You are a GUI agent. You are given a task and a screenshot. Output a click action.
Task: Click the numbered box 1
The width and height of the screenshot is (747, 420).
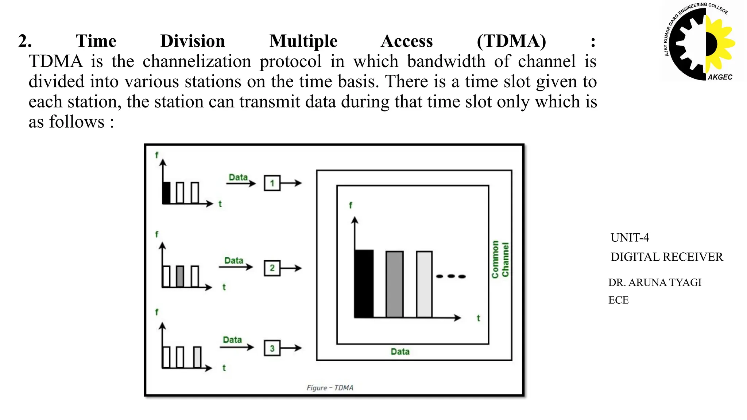(272, 183)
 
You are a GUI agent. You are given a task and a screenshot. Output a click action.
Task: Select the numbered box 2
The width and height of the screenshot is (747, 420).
(272, 268)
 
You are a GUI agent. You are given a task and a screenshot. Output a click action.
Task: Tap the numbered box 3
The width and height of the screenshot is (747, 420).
(272, 348)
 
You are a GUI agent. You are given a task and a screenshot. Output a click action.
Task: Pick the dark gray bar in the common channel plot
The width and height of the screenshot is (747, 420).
(394, 284)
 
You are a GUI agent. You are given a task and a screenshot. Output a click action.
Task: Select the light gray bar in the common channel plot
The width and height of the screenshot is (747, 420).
(424, 284)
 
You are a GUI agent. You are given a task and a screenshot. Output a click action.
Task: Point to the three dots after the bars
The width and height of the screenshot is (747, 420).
(451, 276)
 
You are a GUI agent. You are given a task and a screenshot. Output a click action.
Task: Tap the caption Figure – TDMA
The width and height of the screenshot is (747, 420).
(330, 388)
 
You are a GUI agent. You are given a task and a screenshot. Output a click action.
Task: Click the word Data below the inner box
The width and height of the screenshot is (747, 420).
(400, 352)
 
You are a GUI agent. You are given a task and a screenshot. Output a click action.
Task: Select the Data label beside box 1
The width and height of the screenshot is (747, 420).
(238, 177)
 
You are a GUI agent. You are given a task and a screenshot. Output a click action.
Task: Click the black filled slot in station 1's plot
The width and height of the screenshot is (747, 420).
(166, 192)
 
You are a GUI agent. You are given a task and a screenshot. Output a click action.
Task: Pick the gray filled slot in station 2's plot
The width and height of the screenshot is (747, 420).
(180, 276)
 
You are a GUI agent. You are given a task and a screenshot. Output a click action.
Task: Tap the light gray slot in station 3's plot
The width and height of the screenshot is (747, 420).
(197, 357)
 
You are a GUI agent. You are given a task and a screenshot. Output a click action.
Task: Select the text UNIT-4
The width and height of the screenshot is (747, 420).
(630, 238)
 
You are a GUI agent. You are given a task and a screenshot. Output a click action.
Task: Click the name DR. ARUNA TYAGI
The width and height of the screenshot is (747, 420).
(655, 283)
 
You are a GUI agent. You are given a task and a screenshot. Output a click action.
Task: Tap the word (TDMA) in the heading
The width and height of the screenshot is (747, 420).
(511, 41)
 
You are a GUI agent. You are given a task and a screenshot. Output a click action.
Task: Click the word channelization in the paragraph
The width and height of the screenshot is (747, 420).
(197, 61)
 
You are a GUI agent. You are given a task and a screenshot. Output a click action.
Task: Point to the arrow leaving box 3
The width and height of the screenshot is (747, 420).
(291, 348)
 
